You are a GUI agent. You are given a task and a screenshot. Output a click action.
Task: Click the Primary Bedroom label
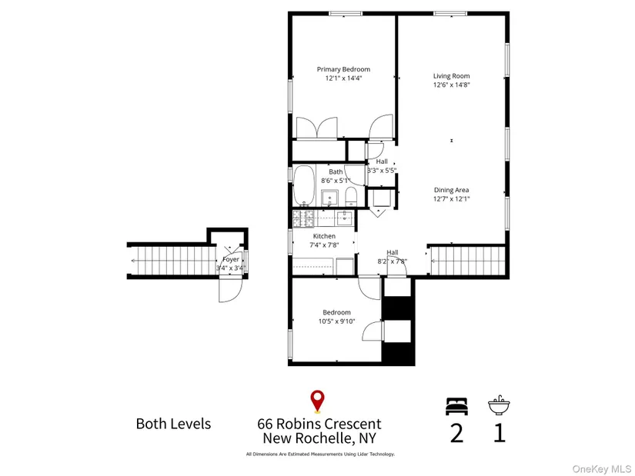pos(343,69)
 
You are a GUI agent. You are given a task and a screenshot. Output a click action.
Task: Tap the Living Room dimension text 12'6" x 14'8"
pos(452,85)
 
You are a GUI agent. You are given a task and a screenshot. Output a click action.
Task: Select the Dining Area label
pos(452,190)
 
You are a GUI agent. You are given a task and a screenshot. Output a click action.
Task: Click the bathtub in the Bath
pos(304,185)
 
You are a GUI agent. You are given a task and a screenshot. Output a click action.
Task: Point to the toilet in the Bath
pos(351,197)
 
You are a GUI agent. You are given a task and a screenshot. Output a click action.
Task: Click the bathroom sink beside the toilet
pos(330,198)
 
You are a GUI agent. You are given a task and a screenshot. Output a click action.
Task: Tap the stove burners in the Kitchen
pos(303,218)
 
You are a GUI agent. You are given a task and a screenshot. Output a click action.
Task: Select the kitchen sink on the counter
pos(345,218)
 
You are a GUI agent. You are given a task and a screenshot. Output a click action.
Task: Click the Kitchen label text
pos(324,236)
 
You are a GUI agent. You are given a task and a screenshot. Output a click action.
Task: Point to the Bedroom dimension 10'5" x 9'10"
pos(336,321)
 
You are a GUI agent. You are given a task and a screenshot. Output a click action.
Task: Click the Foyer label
pos(231,259)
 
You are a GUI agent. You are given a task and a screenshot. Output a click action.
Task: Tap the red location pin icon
pos(317,401)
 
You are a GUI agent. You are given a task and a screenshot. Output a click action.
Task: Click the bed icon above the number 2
pos(456,406)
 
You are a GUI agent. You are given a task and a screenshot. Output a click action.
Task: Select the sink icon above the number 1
pos(499,404)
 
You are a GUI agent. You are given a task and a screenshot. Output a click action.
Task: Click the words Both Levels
pos(173,424)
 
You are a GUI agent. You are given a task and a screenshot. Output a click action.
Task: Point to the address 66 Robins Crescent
pos(319,424)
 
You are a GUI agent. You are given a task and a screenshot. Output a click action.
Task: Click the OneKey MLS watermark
pos(601,469)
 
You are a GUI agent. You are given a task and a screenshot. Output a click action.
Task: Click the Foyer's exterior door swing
pos(230,290)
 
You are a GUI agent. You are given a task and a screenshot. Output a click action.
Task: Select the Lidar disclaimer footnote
pos(320,454)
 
